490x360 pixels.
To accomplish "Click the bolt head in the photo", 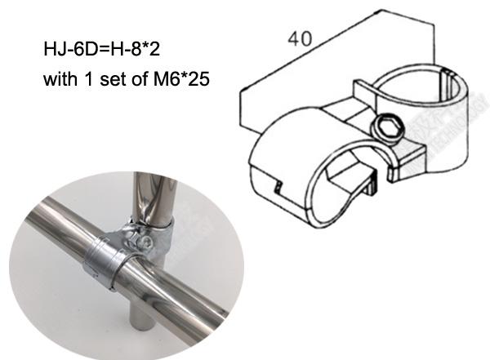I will coord(145,240).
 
